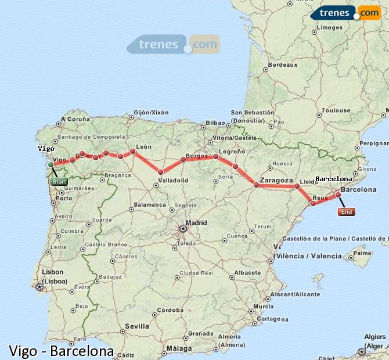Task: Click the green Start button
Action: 59,182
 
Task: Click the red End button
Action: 346,212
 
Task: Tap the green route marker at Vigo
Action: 51,165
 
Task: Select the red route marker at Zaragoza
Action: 256,185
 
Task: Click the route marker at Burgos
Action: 183,159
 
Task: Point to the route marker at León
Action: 133,152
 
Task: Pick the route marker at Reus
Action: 314,204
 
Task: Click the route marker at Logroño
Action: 215,157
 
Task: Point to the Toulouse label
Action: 337,110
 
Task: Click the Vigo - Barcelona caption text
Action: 61,351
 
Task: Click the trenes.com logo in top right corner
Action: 345,13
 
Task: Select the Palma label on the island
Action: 362,253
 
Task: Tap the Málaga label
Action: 178,348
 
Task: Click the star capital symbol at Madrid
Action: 183,228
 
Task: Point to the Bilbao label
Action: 215,123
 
